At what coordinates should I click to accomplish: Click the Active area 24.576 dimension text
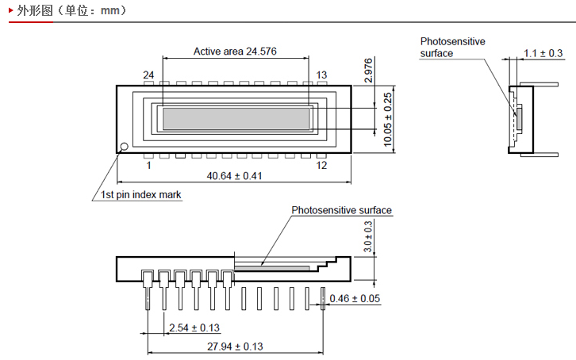(235, 52)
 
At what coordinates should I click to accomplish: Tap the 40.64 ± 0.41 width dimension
(234, 176)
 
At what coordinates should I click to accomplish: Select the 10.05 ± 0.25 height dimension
(388, 120)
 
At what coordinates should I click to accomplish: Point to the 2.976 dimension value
(368, 71)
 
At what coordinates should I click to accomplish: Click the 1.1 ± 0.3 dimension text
(543, 53)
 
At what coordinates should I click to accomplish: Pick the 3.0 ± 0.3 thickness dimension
(367, 237)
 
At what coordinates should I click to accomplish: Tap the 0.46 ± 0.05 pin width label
(355, 299)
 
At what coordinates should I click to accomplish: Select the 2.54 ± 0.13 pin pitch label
(194, 327)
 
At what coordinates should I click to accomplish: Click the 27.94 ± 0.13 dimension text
(235, 347)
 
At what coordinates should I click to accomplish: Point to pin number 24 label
(148, 75)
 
